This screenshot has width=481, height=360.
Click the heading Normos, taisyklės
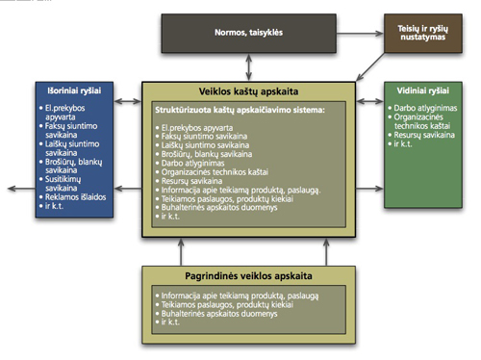[249, 33]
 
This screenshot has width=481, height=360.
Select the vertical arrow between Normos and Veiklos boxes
[250, 66]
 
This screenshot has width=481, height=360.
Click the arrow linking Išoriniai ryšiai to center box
[130, 99]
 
